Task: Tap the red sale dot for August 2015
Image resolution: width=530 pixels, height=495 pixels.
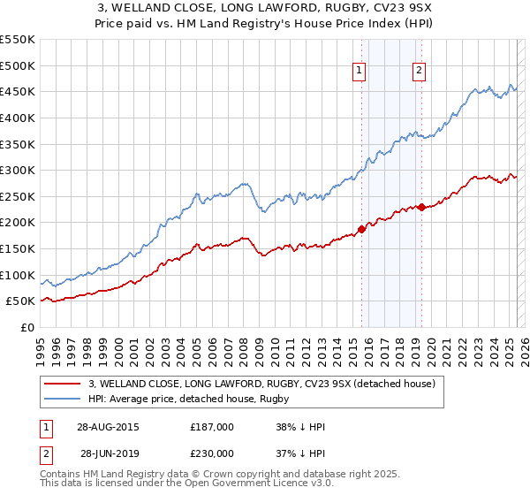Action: coord(361,229)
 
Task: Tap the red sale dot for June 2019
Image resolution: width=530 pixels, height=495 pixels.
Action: coord(421,207)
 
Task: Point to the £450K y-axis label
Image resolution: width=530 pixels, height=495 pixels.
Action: coord(17,91)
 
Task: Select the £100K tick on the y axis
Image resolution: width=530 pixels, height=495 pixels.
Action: coord(17,275)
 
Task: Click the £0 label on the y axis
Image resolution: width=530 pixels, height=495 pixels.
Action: coord(26,327)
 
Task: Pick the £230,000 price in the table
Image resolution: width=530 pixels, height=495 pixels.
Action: coord(212,453)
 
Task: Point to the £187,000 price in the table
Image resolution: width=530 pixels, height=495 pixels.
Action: coord(212,427)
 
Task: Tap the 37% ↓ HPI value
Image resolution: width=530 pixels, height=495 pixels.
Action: coord(301,453)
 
